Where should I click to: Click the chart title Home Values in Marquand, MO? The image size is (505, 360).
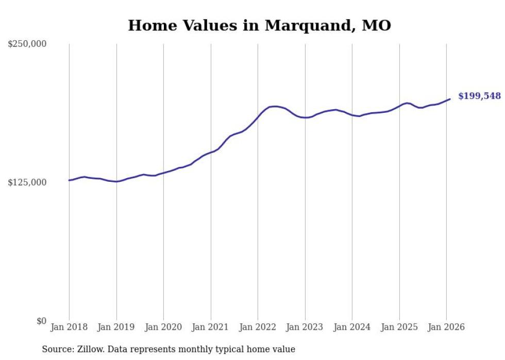click(259, 25)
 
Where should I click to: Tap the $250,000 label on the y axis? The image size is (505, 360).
click(27, 44)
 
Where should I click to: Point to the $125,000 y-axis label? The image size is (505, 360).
click(27, 183)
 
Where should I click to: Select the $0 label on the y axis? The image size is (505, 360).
click(41, 321)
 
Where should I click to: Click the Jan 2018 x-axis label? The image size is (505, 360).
click(69, 328)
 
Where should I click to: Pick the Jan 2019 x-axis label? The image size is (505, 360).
click(116, 328)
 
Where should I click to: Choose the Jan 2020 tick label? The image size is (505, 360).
click(163, 328)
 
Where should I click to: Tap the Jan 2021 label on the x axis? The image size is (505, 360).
click(210, 328)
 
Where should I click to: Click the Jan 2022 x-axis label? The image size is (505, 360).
click(258, 328)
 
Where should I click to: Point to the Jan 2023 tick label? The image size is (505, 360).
click(305, 328)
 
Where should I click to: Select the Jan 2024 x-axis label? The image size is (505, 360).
click(352, 328)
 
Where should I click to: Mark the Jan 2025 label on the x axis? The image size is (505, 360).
click(399, 328)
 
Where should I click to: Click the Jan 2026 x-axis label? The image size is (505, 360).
click(446, 328)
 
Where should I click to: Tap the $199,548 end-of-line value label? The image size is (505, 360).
click(479, 96)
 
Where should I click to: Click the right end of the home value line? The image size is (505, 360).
click(450, 99)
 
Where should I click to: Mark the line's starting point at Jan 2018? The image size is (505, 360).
click(69, 180)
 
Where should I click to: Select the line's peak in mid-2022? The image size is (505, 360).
click(275, 106)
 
